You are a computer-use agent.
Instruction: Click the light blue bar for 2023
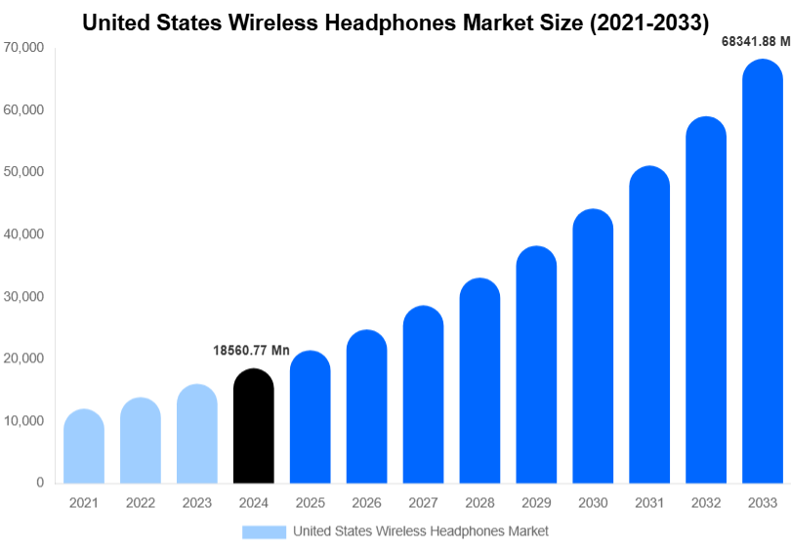tap(197, 434)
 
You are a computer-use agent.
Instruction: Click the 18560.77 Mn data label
tap(251, 350)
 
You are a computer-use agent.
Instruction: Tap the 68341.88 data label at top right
tap(749, 41)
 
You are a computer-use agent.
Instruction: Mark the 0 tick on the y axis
tap(40, 483)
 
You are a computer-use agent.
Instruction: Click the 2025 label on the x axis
tap(311, 503)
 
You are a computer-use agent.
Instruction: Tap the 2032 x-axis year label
tap(706, 503)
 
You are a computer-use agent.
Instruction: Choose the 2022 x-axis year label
tap(141, 503)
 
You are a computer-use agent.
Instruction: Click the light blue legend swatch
tap(264, 531)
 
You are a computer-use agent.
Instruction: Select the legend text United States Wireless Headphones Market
tap(421, 531)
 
